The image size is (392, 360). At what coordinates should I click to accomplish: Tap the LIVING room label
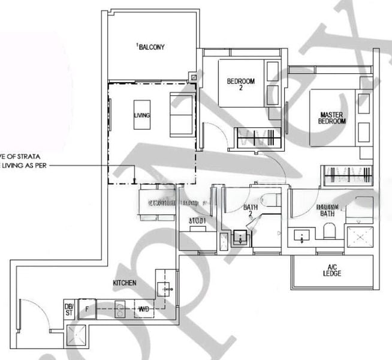click(142, 115)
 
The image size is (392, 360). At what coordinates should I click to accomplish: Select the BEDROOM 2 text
click(240, 85)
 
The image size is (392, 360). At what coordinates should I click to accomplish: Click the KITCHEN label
click(124, 282)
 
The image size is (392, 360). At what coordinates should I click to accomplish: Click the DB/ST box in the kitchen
click(70, 310)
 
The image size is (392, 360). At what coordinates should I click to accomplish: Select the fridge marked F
click(87, 308)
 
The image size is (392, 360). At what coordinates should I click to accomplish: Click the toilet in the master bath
click(328, 230)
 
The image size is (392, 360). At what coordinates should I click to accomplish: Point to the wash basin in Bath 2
click(241, 238)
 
